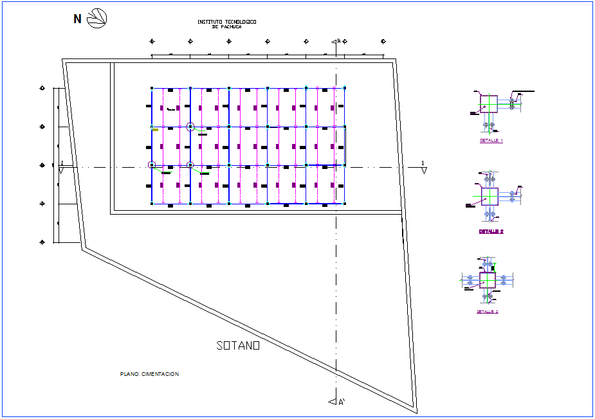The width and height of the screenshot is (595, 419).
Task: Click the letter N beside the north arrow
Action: [77, 19]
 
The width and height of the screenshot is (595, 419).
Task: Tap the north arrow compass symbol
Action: [97, 18]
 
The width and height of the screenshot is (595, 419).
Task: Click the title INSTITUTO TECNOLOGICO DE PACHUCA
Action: [226, 24]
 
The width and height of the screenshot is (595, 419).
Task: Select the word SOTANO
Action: [238, 346]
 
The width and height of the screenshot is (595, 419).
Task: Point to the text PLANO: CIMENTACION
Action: [149, 374]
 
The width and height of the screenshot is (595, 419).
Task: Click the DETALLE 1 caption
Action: [491, 140]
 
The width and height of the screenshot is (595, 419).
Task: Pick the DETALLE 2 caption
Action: [491, 231]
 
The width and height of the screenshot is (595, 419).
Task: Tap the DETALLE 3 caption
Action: [488, 312]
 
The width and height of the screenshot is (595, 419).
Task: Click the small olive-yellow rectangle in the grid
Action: [156, 130]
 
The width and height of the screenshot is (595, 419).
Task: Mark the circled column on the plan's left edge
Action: [152, 165]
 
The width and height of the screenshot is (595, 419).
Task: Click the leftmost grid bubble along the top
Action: [152, 42]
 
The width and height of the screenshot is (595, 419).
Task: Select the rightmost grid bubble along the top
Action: [383, 42]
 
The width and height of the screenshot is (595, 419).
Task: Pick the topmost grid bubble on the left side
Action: [42, 88]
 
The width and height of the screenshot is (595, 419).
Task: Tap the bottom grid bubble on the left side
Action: [42, 242]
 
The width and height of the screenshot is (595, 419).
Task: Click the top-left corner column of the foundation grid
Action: [152, 88]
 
